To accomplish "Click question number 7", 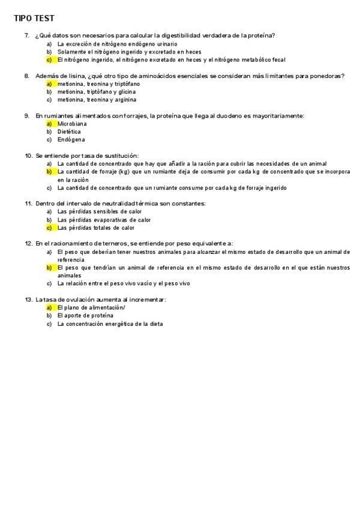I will [x=27, y=35].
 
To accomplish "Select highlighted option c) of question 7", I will [x=49, y=60].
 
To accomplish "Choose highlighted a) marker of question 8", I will [x=49, y=84].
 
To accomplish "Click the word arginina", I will [x=124, y=100].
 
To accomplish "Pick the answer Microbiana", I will [x=72, y=124].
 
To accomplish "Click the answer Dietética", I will [x=69, y=131].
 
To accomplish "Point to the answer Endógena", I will [x=70, y=140].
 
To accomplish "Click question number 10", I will [x=28, y=155].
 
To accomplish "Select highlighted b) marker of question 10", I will [x=49, y=172].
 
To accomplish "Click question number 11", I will [x=28, y=203].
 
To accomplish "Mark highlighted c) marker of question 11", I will [x=49, y=228].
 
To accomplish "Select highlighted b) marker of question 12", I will [x=49, y=268].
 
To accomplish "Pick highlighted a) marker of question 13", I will [x=49, y=307].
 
